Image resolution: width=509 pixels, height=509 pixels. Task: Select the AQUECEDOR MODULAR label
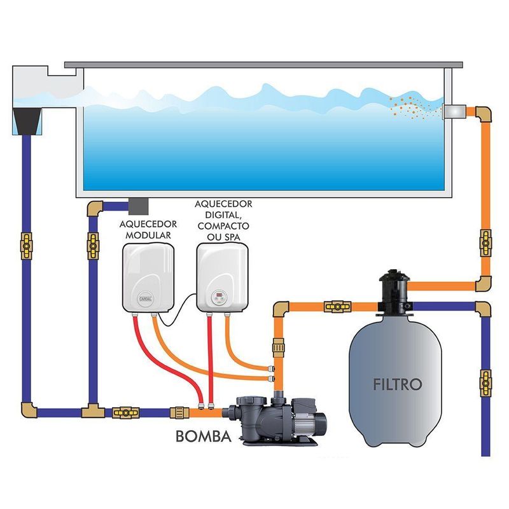pyautogui.click(x=145, y=230)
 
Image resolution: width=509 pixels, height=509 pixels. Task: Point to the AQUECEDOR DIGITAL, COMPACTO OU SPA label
pyautogui.click(x=223, y=220)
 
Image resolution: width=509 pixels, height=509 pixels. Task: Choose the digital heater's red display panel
pyautogui.click(x=218, y=296)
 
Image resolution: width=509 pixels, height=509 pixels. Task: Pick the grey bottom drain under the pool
pyautogui.click(x=137, y=205)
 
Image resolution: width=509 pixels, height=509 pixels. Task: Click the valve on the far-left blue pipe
pyautogui.click(x=27, y=242)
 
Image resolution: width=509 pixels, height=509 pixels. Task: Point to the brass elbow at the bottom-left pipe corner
pyautogui.click(x=27, y=409)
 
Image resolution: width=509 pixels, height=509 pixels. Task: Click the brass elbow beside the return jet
pyautogui.click(x=482, y=115)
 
